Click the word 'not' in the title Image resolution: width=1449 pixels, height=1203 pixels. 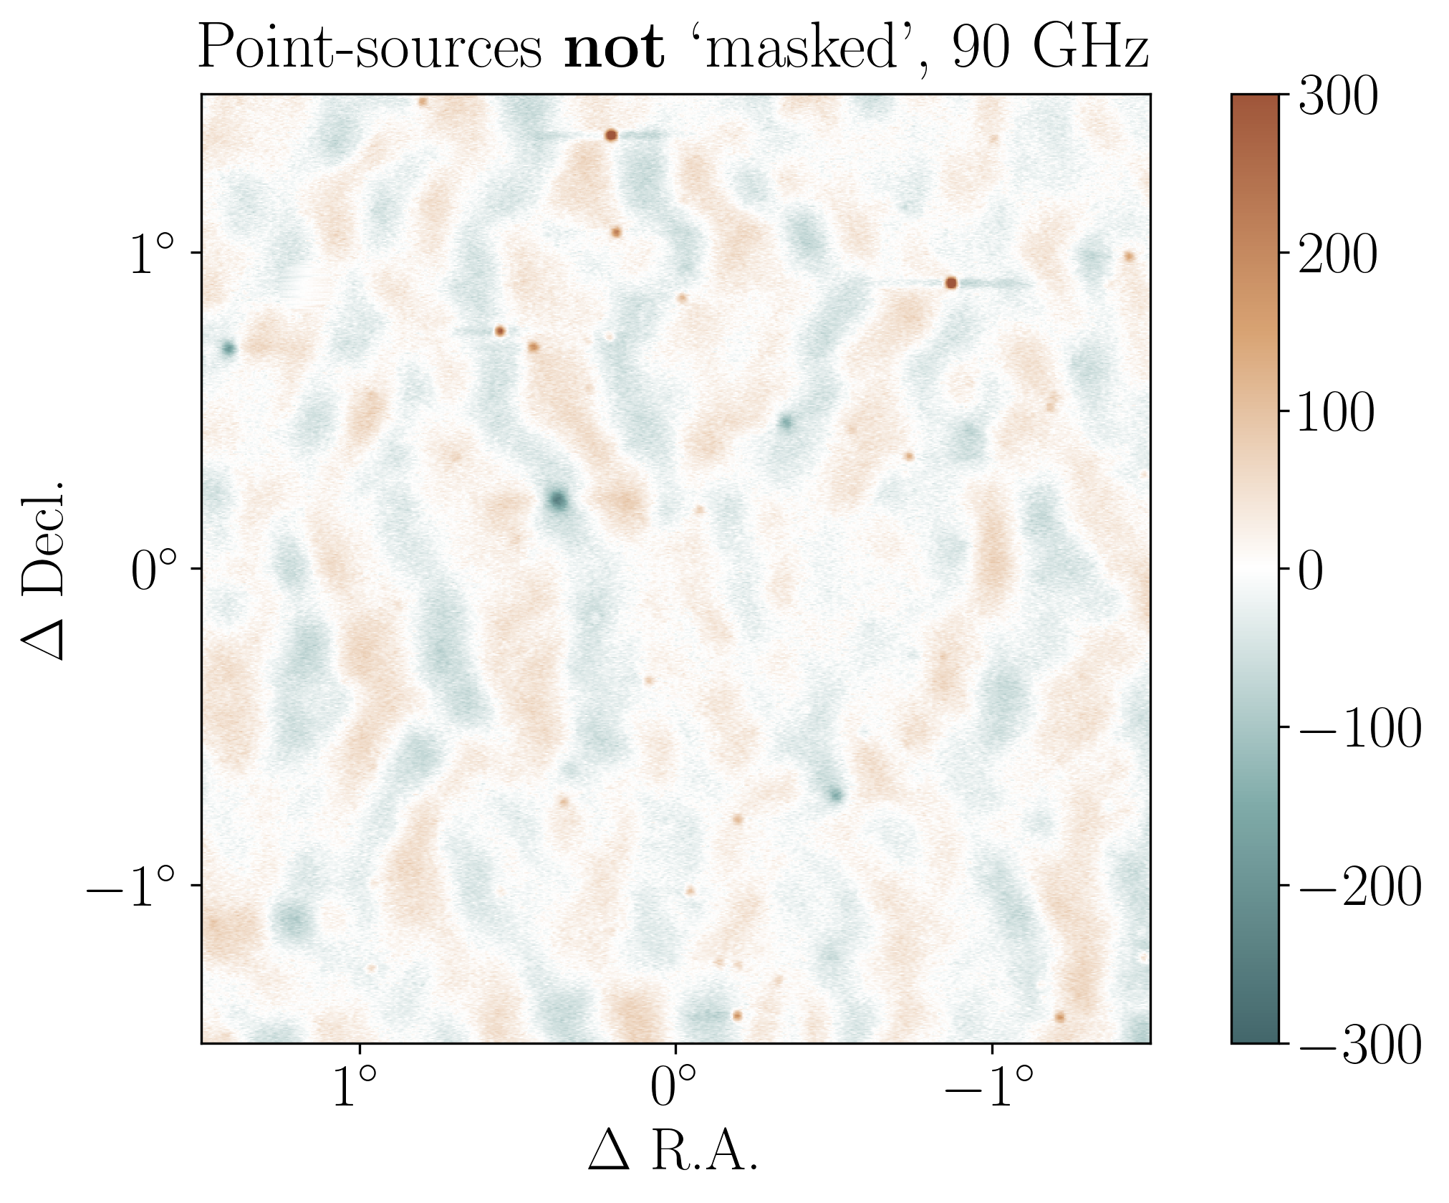[614, 48]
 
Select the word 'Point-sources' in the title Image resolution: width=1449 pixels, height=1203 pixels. [370, 48]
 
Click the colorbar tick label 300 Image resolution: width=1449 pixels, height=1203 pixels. [1337, 97]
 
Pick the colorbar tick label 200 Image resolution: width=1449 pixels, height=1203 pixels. [1337, 254]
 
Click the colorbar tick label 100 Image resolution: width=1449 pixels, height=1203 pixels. [1336, 413]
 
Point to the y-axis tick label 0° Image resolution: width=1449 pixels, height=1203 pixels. [152, 572]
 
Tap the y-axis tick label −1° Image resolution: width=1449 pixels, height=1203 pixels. [130, 887]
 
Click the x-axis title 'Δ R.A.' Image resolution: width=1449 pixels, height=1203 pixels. [673, 1152]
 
